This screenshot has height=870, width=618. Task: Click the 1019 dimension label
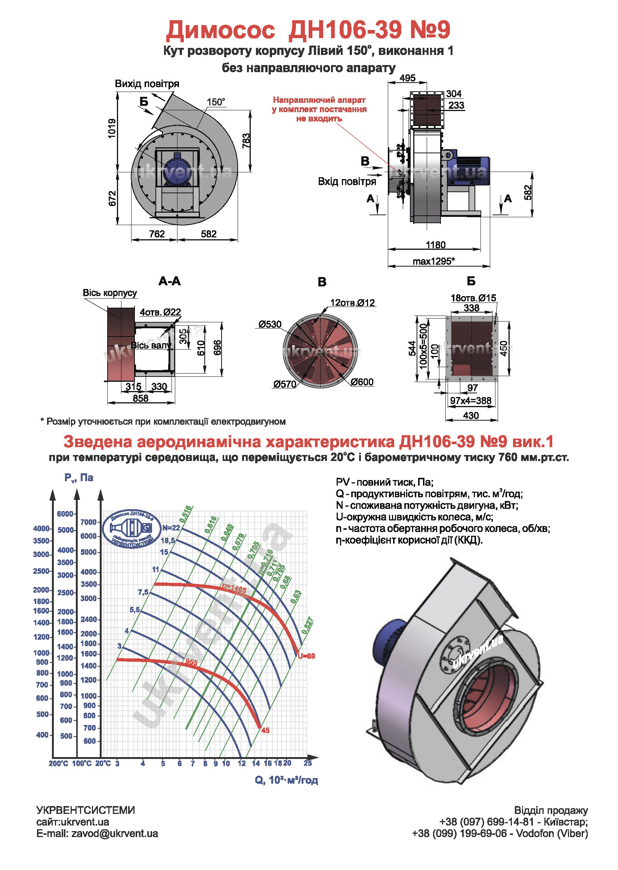(x=111, y=129)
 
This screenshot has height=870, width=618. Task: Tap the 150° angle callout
(x=216, y=102)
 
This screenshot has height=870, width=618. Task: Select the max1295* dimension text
(x=433, y=261)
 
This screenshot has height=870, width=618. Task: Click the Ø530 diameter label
(x=270, y=325)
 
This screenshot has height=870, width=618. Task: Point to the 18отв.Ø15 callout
(x=473, y=298)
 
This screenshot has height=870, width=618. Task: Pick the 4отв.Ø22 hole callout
(x=160, y=312)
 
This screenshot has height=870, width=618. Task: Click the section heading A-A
(x=170, y=282)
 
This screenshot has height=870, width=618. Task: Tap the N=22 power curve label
(x=171, y=528)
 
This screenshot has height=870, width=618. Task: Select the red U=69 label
(x=306, y=656)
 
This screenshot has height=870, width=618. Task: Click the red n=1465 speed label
(x=234, y=590)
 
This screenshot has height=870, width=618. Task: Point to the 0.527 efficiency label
(x=307, y=625)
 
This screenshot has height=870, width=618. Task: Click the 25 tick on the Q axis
(x=308, y=763)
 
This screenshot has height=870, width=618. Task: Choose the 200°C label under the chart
(x=58, y=763)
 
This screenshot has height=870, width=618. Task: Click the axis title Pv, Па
(x=79, y=478)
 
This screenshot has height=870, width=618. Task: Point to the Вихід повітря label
(x=147, y=84)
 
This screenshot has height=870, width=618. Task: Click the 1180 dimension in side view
(x=435, y=245)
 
